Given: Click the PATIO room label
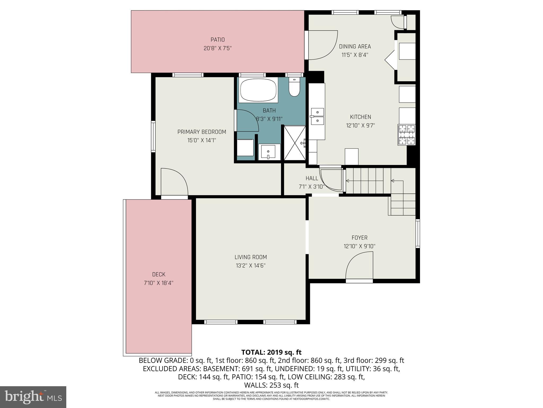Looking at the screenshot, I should click(217, 40).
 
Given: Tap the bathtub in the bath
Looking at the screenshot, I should click(258, 90).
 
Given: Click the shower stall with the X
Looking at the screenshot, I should click(295, 143).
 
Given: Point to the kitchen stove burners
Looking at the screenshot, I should click(407, 135).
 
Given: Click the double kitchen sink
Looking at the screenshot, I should click(317, 116).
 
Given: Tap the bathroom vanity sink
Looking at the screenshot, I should click(269, 152).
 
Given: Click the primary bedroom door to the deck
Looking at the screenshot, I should click(174, 182).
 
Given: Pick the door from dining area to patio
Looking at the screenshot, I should click(321, 45).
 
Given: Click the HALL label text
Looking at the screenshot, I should click(312, 178).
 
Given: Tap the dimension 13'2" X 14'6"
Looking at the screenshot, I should click(250, 265).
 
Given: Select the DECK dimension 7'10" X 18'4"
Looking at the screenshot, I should click(159, 283).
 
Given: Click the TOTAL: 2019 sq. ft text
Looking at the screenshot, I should click(271, 352).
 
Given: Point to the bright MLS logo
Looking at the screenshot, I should click(33, 397).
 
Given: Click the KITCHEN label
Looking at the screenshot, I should click(360, 117).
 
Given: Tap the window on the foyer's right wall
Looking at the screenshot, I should click(417, 233).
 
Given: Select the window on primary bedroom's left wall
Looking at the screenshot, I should click(153, 137).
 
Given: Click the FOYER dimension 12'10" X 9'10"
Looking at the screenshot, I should click(359, 246).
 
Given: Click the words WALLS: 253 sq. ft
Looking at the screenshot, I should click(271, 385).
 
